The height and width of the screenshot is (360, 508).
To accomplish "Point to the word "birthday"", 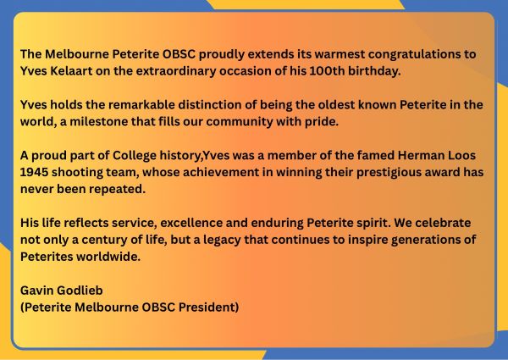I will pos(367,69).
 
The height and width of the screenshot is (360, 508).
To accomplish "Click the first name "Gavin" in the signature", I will pos(39,291).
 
